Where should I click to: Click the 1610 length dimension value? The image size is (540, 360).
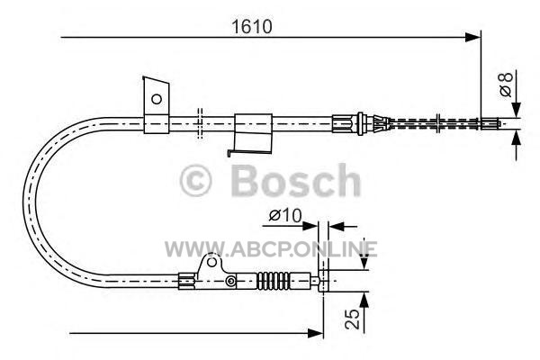click(x=252, y=26)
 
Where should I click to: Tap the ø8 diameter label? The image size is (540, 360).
click(x=506, y=85)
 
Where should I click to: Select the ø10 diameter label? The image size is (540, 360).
click(x=285, y=216)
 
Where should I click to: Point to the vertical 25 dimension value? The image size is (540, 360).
click(x=352, y=319)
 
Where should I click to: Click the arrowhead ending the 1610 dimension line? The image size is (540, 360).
click(x=472, y=37)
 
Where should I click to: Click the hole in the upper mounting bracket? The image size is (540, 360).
click(x=157, y=99)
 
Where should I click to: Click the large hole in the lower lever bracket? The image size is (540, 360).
click(x=211, y=262)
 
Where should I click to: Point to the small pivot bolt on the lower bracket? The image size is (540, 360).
click(x=230, y=281)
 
